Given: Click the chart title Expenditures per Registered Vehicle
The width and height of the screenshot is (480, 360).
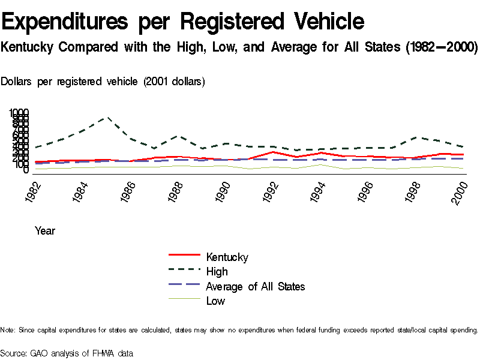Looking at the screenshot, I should tap(183, 22).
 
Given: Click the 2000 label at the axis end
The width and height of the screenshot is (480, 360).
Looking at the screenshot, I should tap(459, 192).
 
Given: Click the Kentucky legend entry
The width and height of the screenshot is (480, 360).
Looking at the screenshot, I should tap(227, 257).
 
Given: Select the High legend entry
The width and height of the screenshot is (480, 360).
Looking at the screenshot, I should tap(217, 272).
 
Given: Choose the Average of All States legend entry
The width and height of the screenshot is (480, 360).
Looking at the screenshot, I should tap(255, 286).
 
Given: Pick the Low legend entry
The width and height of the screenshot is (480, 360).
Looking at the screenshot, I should tap(215, 301).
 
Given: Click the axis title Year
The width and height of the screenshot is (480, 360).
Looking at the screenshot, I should tap(45, 230).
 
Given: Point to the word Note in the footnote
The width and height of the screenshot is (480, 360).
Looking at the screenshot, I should tap(7, 330).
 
